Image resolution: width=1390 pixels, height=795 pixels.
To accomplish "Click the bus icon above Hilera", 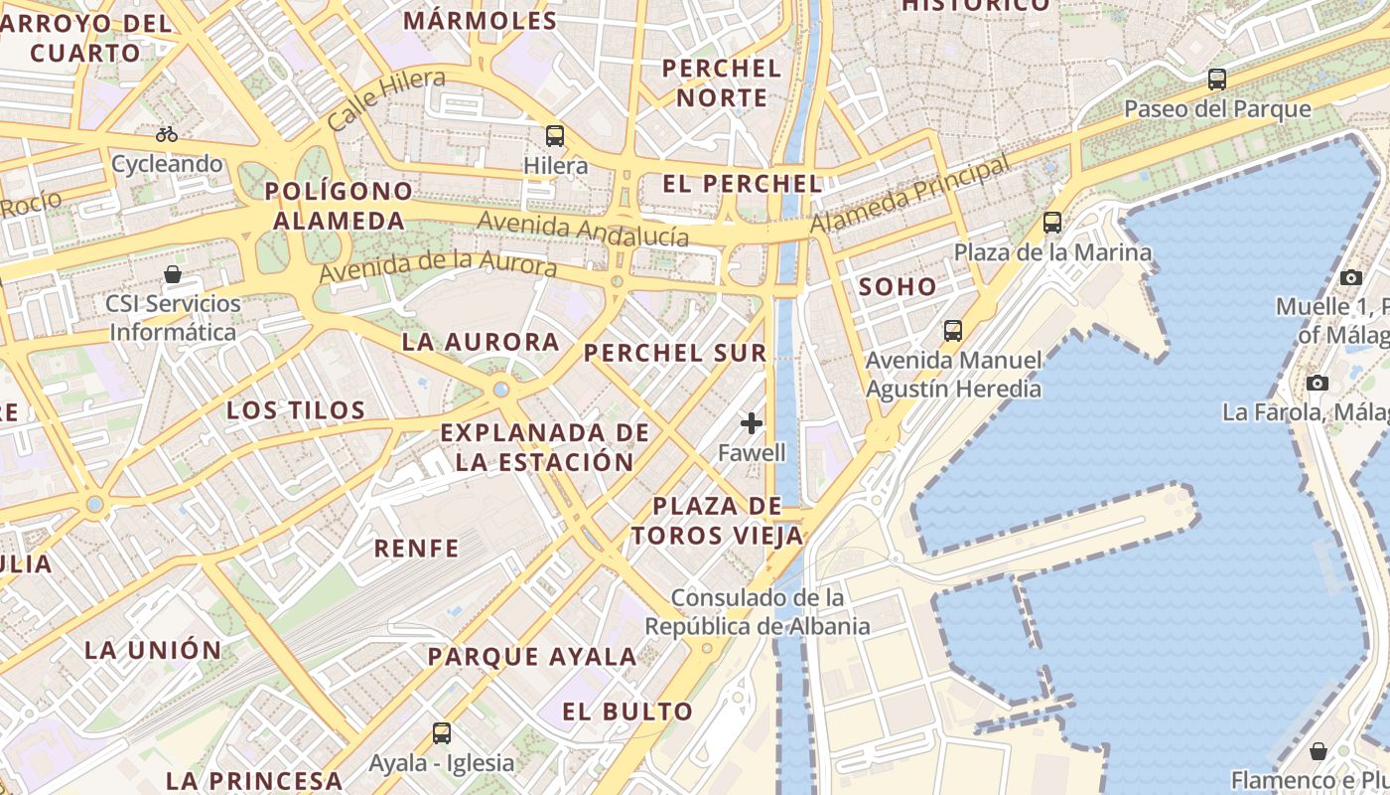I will [555, 136].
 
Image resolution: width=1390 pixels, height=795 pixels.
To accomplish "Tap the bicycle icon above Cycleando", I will [167, 134].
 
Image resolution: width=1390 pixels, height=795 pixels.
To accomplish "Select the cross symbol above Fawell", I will [752, 423].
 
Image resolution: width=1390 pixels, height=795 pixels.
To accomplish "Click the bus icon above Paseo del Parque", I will [1217, 79].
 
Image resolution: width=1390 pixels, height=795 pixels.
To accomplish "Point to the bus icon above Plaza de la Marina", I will [1052, 223].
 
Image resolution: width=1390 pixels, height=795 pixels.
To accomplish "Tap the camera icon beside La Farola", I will [1318, 383].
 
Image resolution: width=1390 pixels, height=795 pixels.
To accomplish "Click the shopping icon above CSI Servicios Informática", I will [173, 274].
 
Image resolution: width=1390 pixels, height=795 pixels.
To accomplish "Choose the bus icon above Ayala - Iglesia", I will [442, 733].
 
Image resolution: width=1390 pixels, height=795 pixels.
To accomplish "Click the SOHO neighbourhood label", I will [898, 287].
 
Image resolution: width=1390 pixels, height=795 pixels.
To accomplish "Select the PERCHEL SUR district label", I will [675, 353].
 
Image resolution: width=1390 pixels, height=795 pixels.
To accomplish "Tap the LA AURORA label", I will [481, 342].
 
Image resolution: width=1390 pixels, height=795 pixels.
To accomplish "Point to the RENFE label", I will [417, 548].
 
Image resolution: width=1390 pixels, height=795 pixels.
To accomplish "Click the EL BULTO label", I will [627, 712].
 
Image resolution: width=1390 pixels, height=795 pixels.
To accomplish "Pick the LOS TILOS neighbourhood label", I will [296, 409].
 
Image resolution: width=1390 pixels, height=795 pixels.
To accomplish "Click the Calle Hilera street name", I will [385, 100].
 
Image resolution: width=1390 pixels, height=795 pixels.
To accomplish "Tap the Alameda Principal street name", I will [909, 194].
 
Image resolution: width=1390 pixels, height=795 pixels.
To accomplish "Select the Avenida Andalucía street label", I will [583, 229].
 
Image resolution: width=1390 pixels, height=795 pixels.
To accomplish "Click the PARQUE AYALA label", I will [532, 656].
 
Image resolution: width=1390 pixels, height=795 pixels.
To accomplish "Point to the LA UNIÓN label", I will [154, 650].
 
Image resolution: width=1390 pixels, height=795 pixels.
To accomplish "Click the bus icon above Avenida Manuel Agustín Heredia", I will [953, 330].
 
